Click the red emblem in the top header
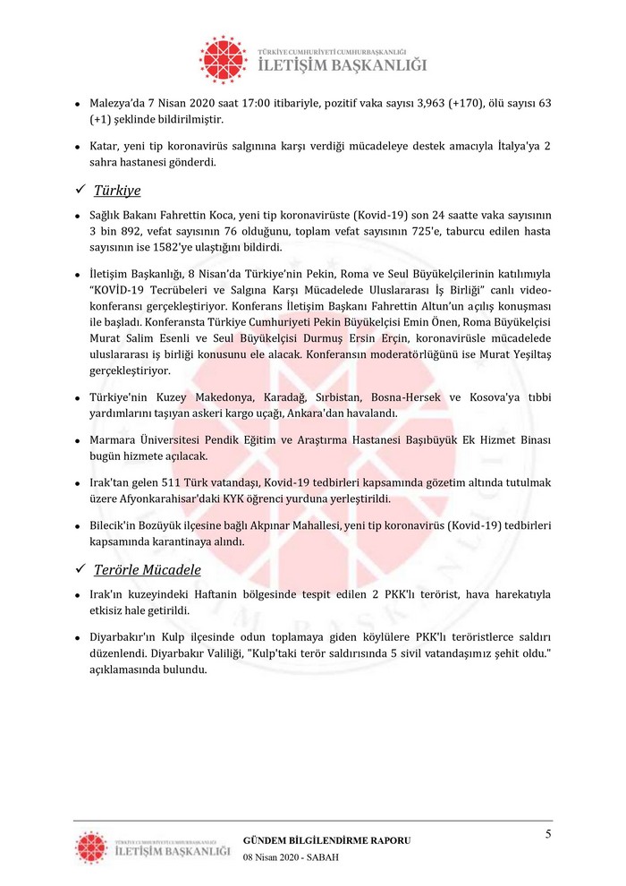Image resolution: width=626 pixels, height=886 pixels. coord(223,59)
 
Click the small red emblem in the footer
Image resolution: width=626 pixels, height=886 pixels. coord(90,847)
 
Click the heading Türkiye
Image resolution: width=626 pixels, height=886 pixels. coord(117,190)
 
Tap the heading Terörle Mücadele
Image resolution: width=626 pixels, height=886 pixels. coord(148,569)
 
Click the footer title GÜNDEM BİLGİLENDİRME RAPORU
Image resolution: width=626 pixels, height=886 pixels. coord(327,840)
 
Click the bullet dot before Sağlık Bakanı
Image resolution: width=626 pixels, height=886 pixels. coord(79,217)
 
